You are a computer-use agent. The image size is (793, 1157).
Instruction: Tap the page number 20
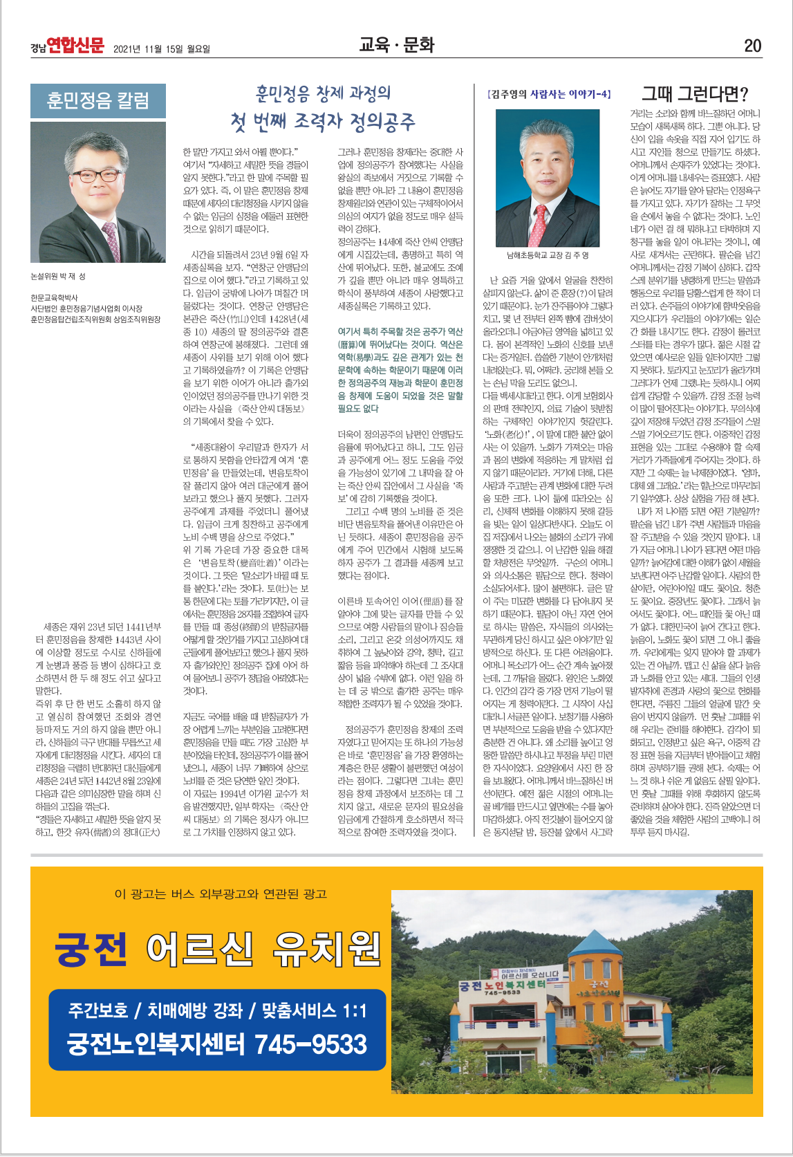(752, 46)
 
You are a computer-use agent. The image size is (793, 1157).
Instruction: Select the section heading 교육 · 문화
(396, 45)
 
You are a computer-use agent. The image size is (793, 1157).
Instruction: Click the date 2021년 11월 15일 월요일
(162, 48)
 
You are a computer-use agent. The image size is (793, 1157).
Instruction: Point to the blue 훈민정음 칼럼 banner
(98, 101)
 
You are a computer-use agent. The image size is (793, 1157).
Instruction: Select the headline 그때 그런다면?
(695, 94)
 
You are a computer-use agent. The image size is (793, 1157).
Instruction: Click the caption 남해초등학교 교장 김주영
(548, 255)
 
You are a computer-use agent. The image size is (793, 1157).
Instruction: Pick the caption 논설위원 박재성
(58, 277)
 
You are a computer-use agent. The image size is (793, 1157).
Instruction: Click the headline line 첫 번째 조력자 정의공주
(323, 122)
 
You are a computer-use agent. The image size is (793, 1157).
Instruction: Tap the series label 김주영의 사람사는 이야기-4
(549, 94)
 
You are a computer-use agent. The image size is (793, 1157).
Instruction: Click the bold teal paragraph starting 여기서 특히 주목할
(400, 370)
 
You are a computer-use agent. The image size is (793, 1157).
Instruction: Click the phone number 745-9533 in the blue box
(310, 1044)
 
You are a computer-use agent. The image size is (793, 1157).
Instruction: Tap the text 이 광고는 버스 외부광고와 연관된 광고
(220, 894)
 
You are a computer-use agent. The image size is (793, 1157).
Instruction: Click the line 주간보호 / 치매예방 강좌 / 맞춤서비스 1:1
(217, 1011)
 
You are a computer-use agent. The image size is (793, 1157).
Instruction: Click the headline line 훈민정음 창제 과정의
(323, 93)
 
